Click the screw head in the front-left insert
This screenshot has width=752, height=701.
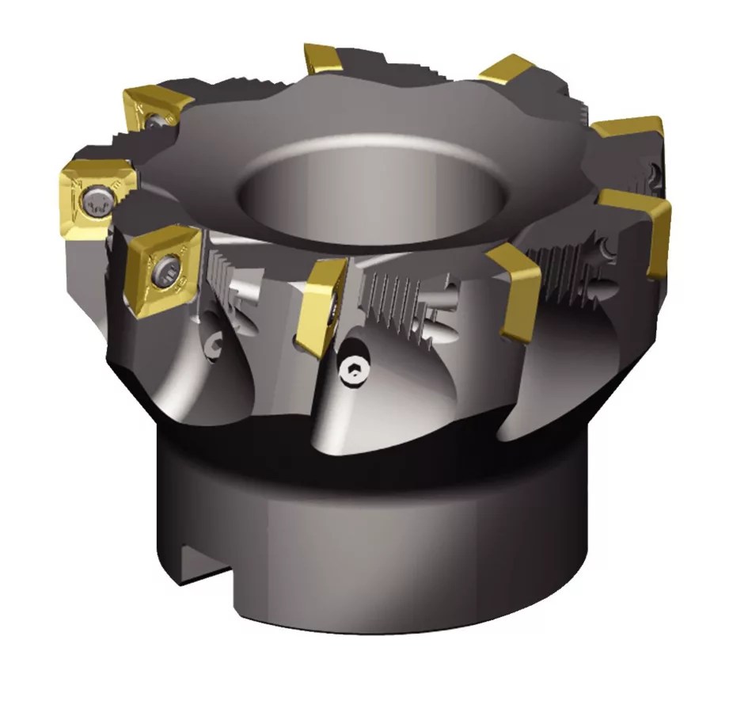(169, 269)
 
